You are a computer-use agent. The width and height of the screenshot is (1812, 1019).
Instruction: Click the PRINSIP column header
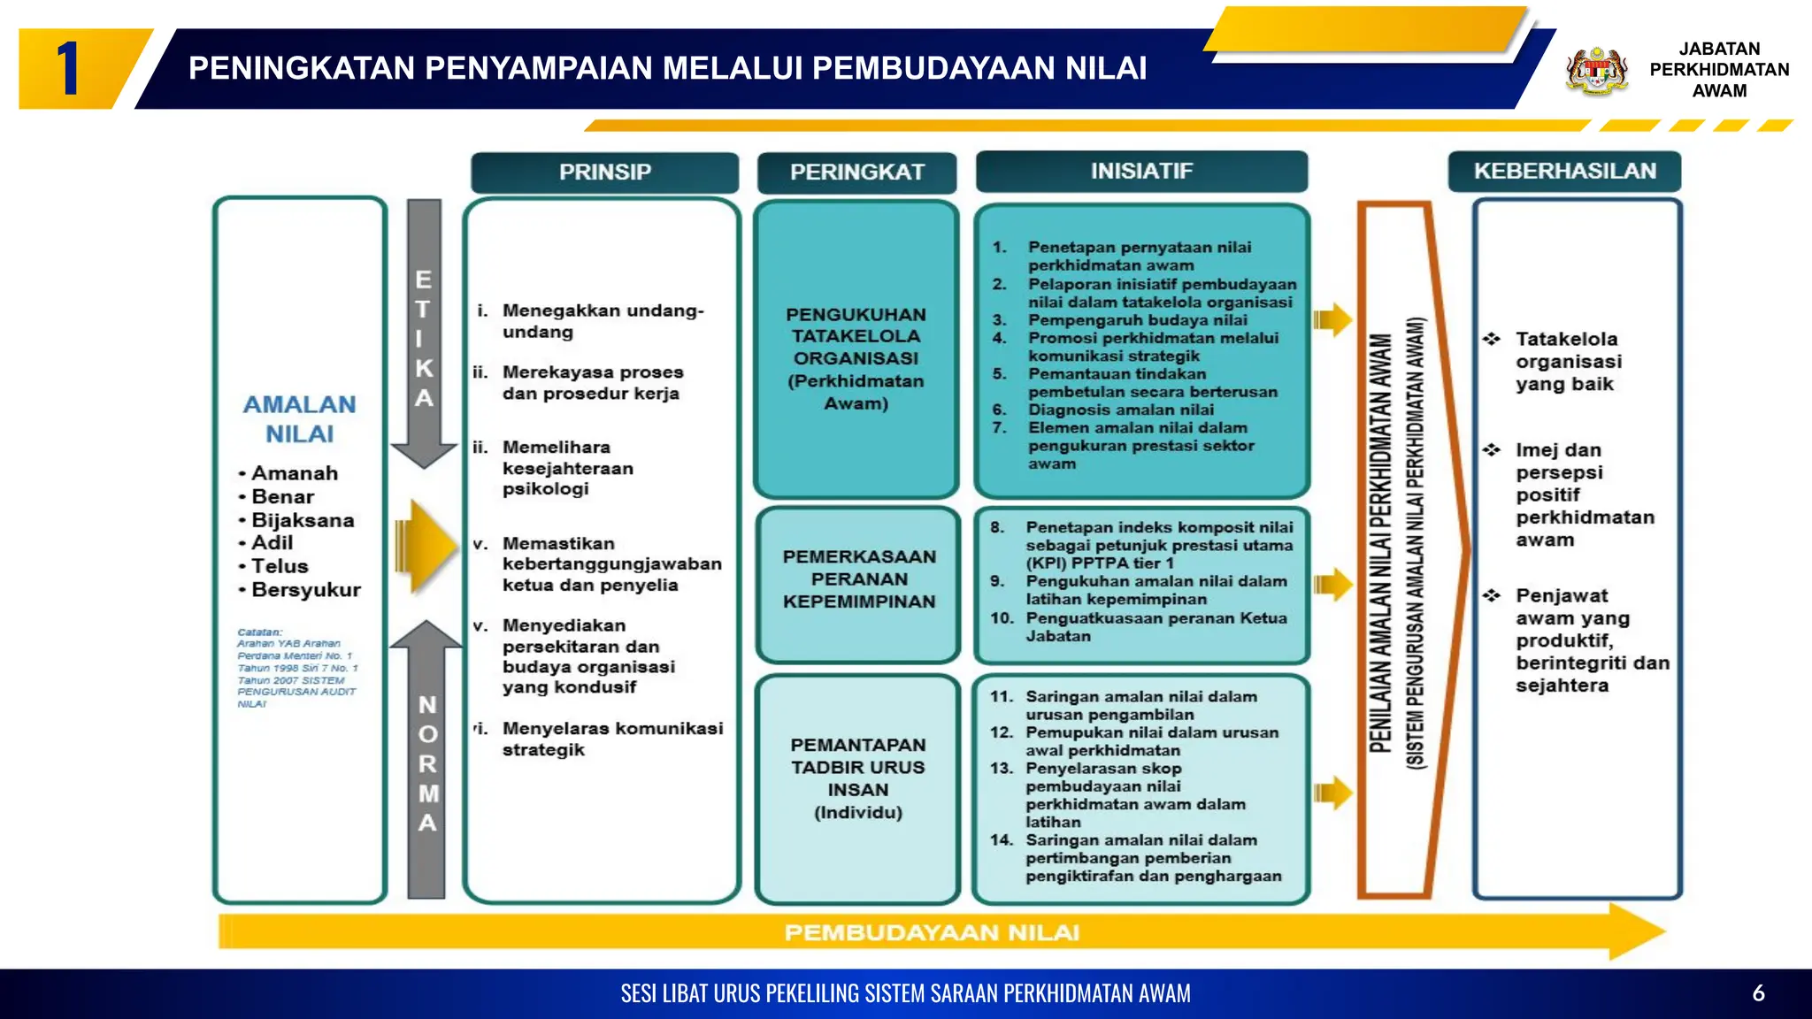click(x=605, y=172)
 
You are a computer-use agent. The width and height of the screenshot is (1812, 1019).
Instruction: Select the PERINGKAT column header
click(x=856, y=172)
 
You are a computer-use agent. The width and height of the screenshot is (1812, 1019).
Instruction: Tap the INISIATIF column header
click(x=1141, y=172)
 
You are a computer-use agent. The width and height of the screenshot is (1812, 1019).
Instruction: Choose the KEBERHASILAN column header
click(x=1564, y=172)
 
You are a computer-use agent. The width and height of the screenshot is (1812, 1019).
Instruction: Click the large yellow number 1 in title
click(x=69, y=69)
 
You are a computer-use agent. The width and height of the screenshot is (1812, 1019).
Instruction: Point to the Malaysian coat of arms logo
click(x=1597, y=71)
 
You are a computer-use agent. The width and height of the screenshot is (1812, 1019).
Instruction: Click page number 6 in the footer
click(x=1758, y=993)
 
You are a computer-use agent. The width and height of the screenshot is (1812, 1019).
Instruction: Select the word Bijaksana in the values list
click(x=303, y=520)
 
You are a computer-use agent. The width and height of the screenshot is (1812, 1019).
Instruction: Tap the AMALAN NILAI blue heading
click(x=299, y=419)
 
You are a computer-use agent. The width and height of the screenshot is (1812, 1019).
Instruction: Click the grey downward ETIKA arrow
click(x=425, y=336)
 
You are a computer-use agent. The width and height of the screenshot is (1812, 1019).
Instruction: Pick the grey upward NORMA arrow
click(x=426, y=761)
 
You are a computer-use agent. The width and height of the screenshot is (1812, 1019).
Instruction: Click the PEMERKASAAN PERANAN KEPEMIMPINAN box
click(x=858, y=580)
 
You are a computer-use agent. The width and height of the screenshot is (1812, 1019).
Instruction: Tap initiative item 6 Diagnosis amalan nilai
click(x=1120, y=410)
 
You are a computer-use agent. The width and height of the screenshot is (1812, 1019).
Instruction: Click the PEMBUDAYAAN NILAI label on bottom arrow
click(x=932, y=933)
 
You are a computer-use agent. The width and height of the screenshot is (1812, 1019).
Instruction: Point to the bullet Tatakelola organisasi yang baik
click(x=1568, y=362)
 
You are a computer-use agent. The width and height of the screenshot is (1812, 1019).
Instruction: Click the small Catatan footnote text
click(x=296, y=668)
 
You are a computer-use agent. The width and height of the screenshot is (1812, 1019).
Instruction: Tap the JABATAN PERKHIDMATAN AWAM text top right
click(x=1718, y=70)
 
